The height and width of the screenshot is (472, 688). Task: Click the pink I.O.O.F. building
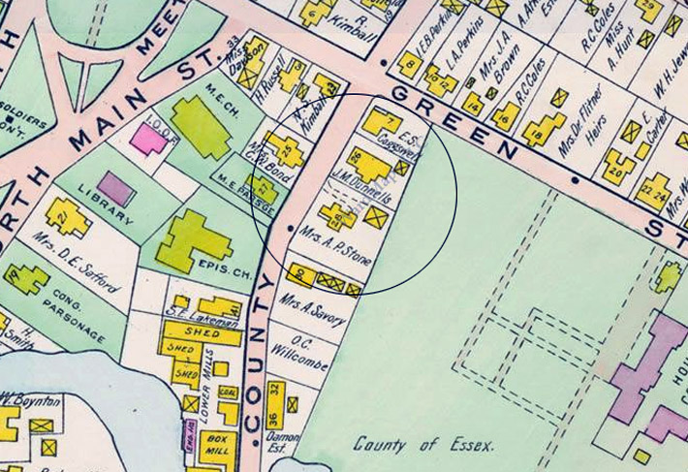tap(150, 138)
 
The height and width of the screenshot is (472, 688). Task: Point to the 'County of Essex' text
tap(423, 445)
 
